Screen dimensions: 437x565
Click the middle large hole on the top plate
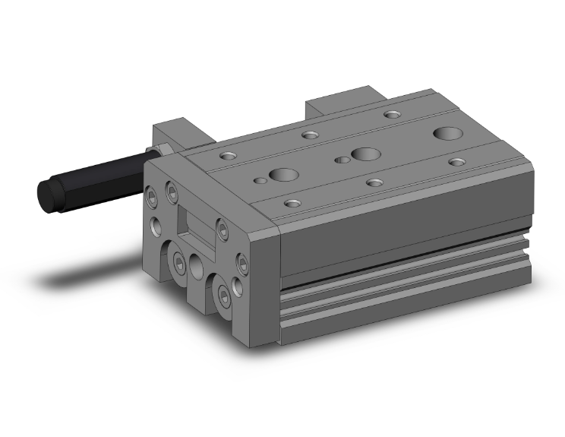pos(365,154)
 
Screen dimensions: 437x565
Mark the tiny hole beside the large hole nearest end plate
pos(260,181)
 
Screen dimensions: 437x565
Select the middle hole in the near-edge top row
pos(374,182)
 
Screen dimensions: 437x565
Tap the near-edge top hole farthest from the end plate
pos(456,161)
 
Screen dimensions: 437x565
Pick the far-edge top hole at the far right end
pos(392,114)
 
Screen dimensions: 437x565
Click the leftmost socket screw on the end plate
pos(152,195)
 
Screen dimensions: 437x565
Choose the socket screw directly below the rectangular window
pos(179,262)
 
